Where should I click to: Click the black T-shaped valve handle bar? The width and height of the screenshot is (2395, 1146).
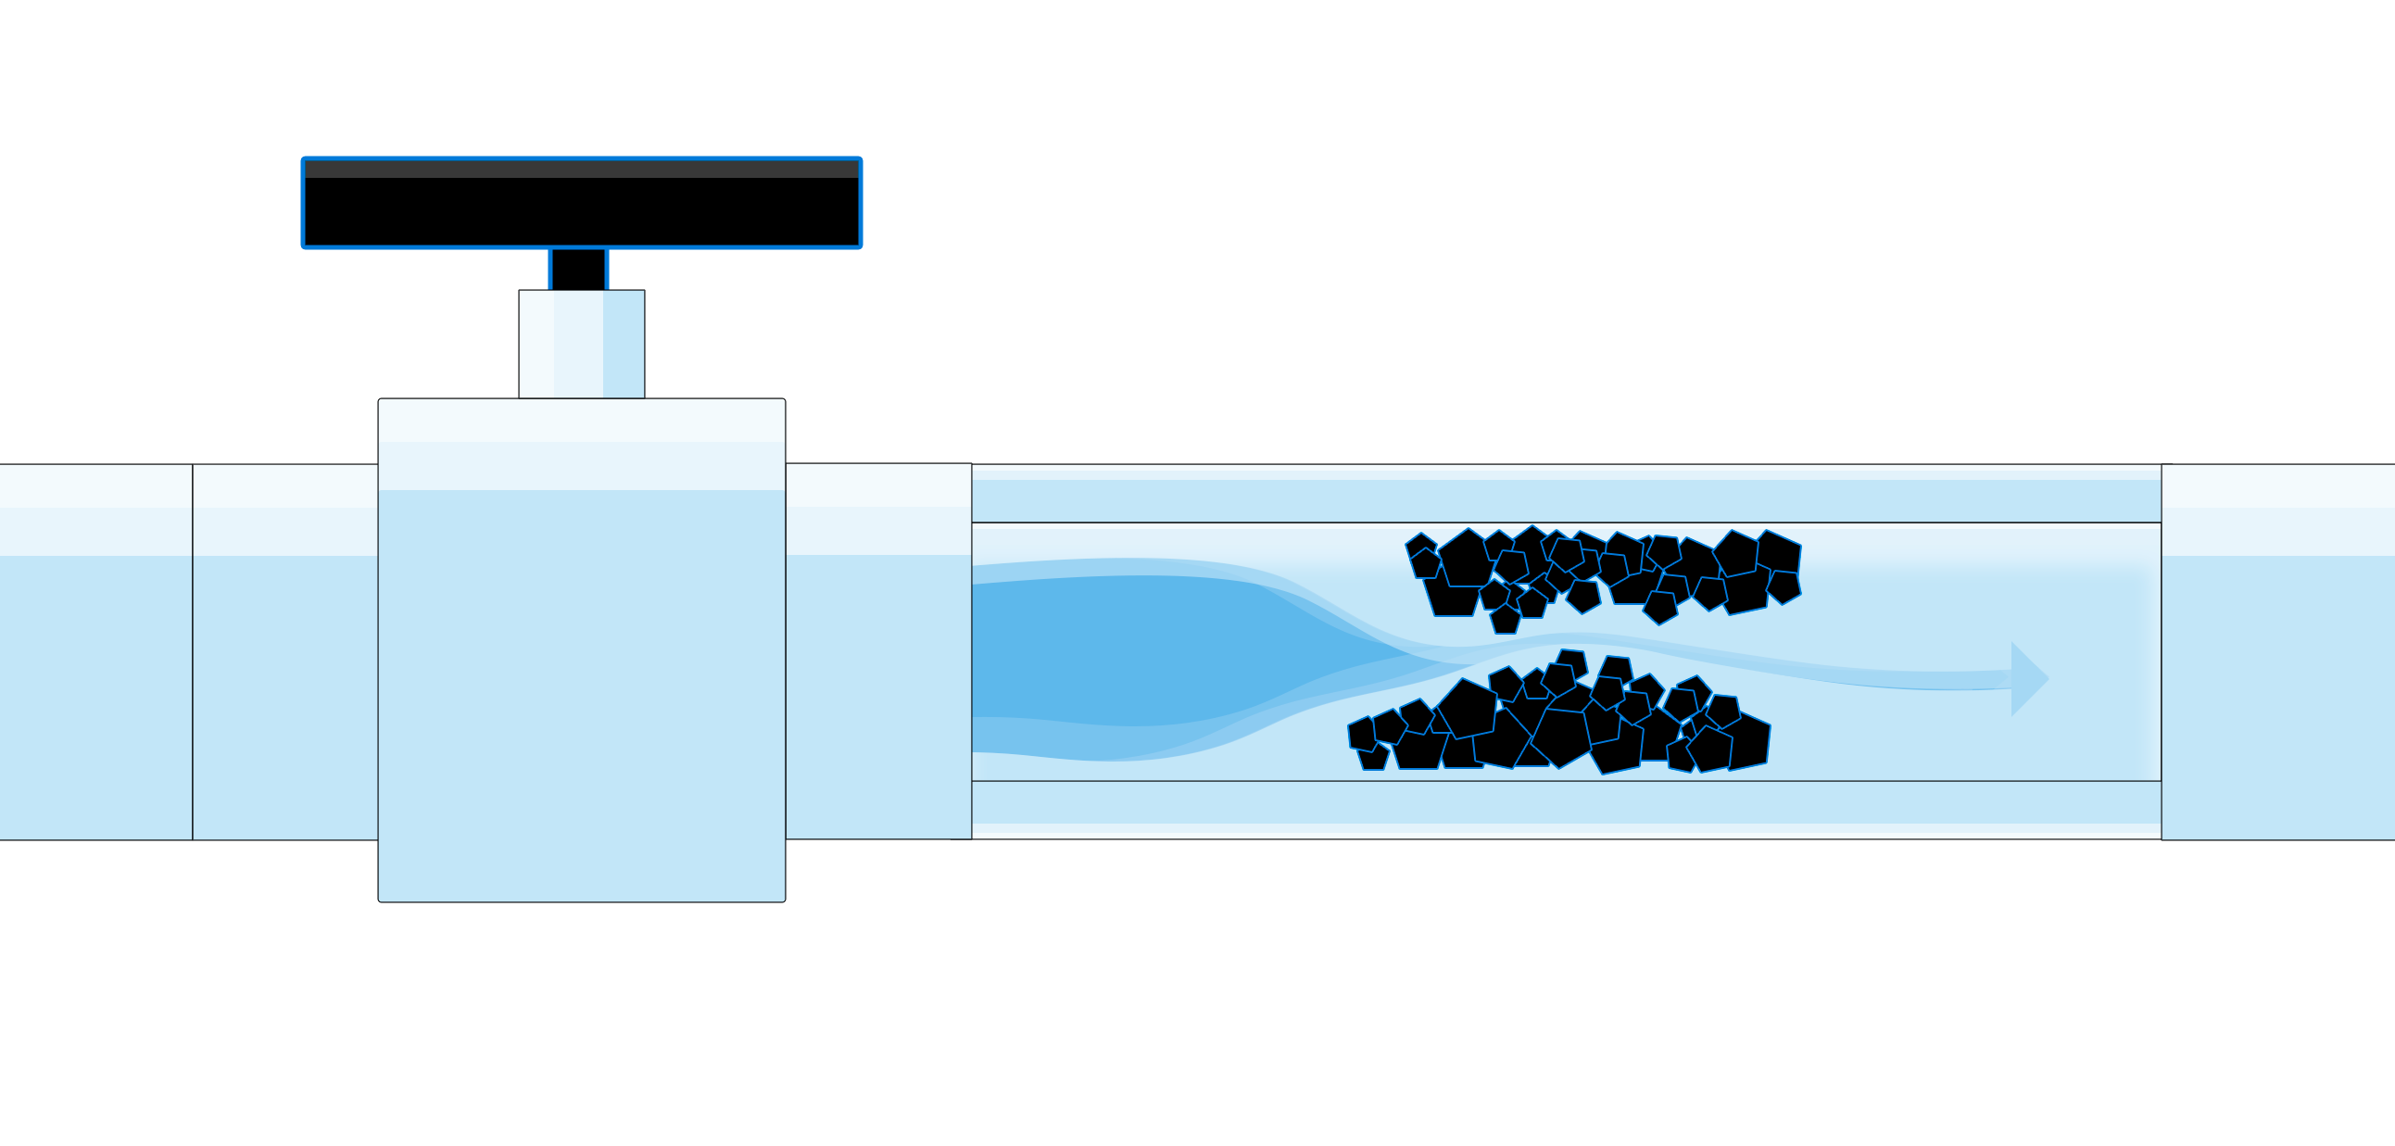click(581, 210)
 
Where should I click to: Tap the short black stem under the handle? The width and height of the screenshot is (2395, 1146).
click(577, 269)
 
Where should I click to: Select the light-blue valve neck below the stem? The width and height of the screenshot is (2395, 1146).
click(581, 343)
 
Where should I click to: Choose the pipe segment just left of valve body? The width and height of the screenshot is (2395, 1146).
click(284, 650)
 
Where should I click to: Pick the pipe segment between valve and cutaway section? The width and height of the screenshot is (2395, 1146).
click(877, 650)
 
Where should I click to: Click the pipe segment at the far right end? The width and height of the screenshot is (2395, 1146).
click(2278, 650)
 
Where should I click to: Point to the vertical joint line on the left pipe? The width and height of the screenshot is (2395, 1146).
click(193, 650)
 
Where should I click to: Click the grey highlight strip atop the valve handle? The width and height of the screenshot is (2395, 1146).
click(581, 170)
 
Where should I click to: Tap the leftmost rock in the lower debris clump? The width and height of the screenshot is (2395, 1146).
click(1362, 735)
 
